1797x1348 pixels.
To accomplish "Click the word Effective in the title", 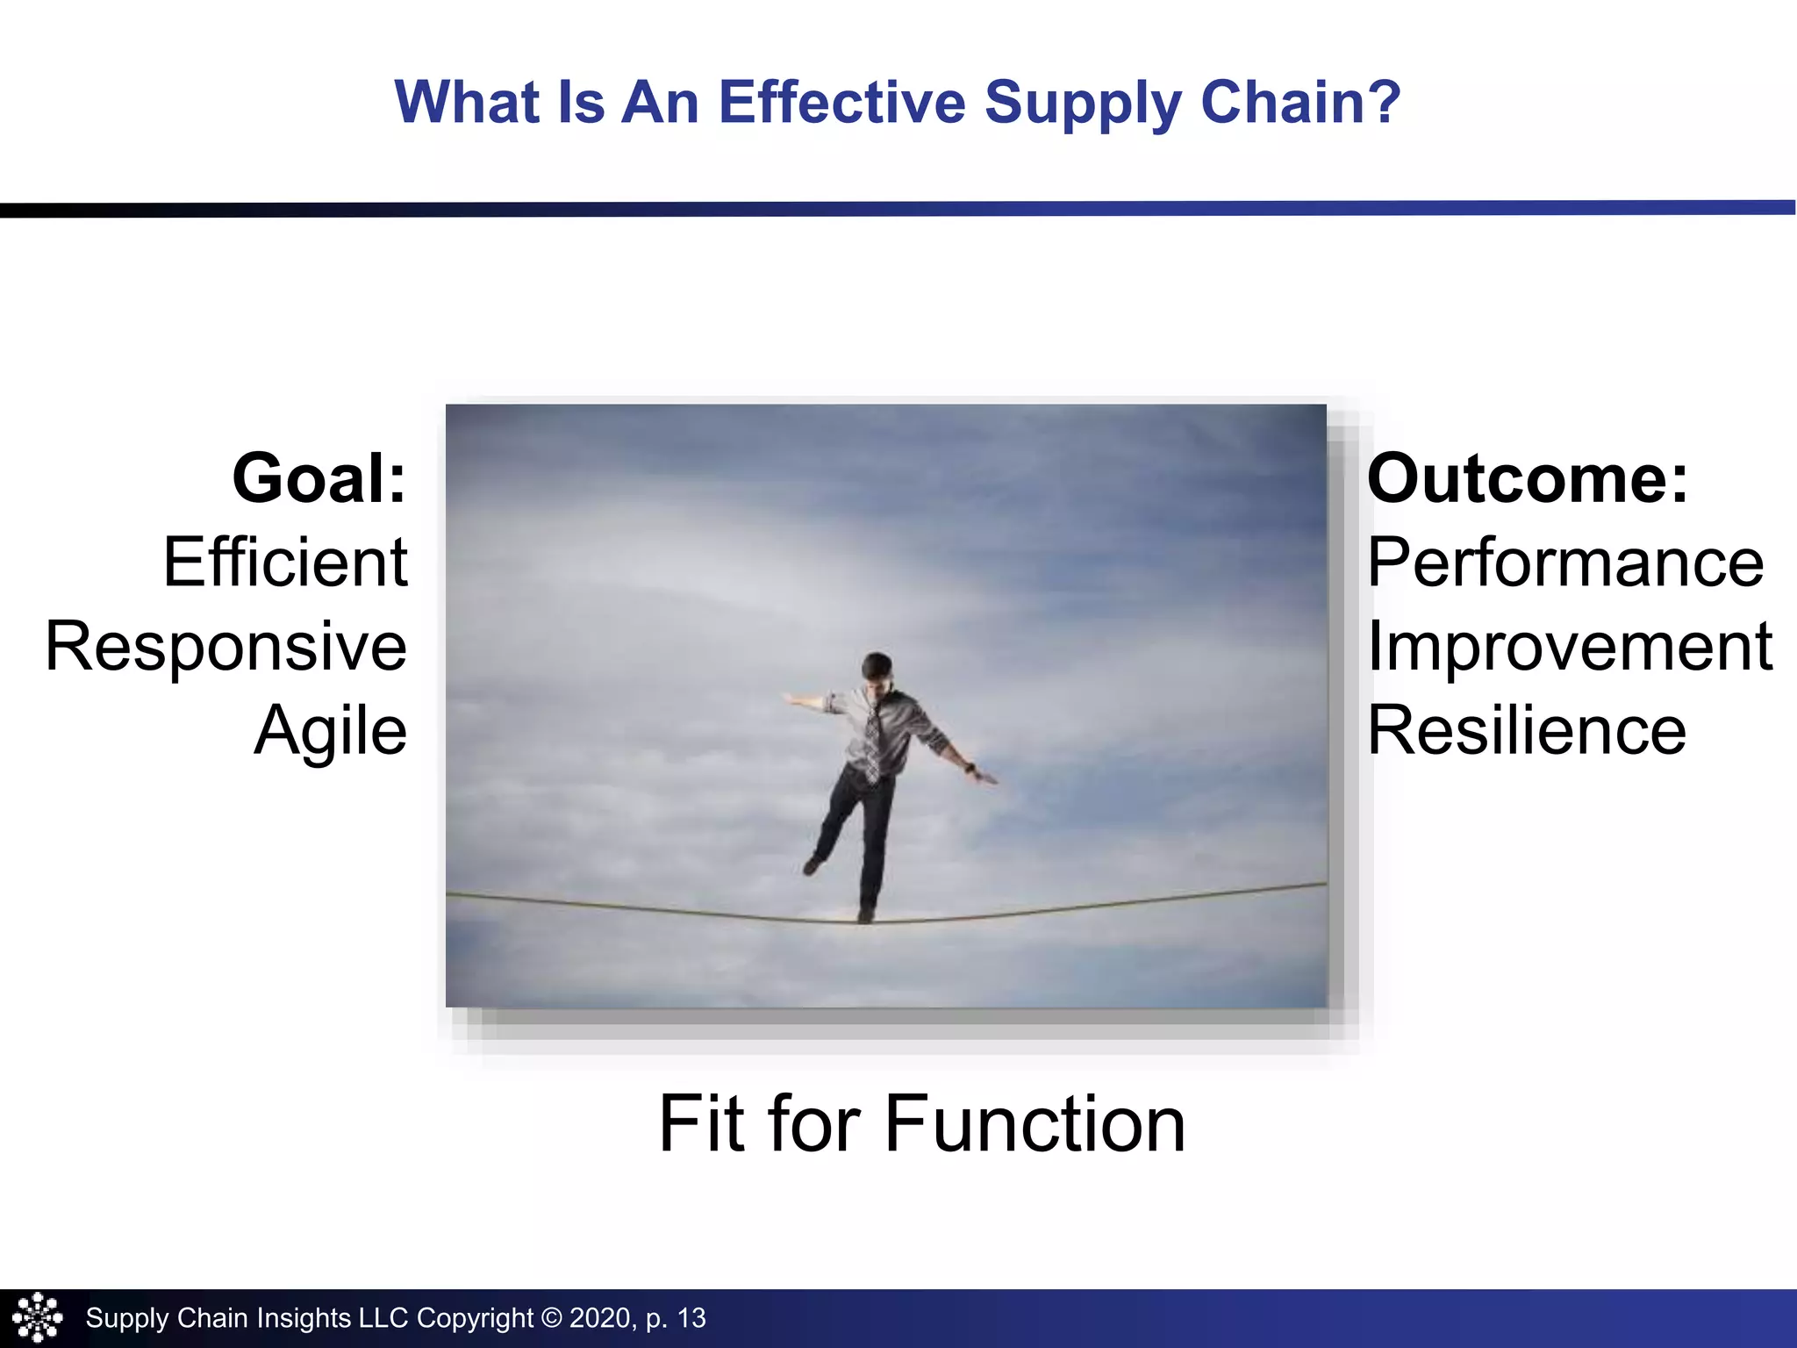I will tap(841, 103).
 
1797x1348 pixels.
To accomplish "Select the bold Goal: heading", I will tap(319, 479).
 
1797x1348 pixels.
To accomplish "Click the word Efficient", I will tap(285, 563).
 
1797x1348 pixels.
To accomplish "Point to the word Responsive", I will tap(226, 647).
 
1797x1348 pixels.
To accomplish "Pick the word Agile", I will tap(331, 731).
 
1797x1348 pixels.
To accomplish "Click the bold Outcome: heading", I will tap(1528, 479).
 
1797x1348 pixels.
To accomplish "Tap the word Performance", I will tap(1565, 563).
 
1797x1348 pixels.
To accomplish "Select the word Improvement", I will tap(1570, 647).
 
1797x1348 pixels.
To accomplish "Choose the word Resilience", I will tap(1527, 731).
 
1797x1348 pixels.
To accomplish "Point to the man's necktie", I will tap(872, 737).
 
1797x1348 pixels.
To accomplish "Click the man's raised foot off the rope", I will tap(813, 865).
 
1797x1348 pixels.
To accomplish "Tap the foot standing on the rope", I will tap(866, 914).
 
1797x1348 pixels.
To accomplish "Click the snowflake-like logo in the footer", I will tap(37, 1317).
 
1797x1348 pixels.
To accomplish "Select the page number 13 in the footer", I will tap(691, 1318).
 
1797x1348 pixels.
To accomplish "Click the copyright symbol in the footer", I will tap(551, 1318).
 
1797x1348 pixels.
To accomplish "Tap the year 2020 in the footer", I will tap(600, 1318).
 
